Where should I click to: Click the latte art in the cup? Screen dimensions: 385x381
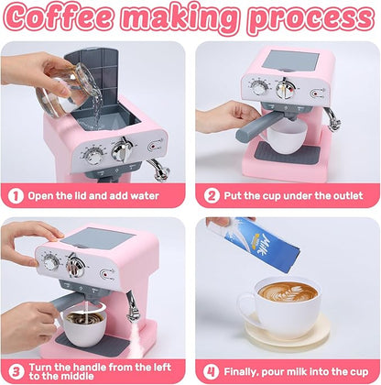pos(285,293)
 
